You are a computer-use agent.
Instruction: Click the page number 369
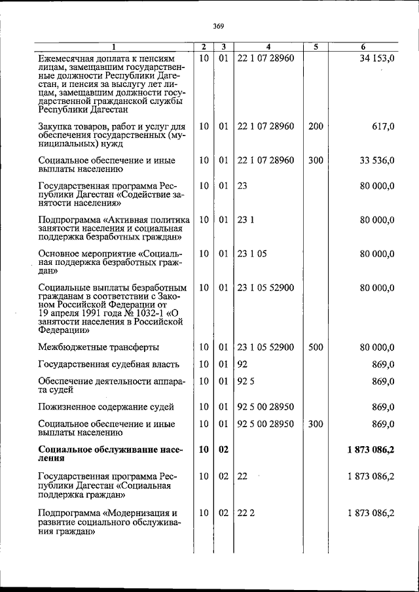(x=219, y=26)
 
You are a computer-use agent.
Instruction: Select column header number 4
(x=268, y=47)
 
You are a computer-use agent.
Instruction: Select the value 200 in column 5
(x=316, y=126)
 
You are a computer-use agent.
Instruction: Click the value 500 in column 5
(x=316, y=347)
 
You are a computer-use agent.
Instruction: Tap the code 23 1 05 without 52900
(x=252, y=253)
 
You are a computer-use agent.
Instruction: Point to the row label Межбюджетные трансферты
(x=99, y=347)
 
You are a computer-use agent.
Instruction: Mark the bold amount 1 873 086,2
(x=371, y=449)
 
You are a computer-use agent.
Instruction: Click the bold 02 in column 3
(x=223, y=449)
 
